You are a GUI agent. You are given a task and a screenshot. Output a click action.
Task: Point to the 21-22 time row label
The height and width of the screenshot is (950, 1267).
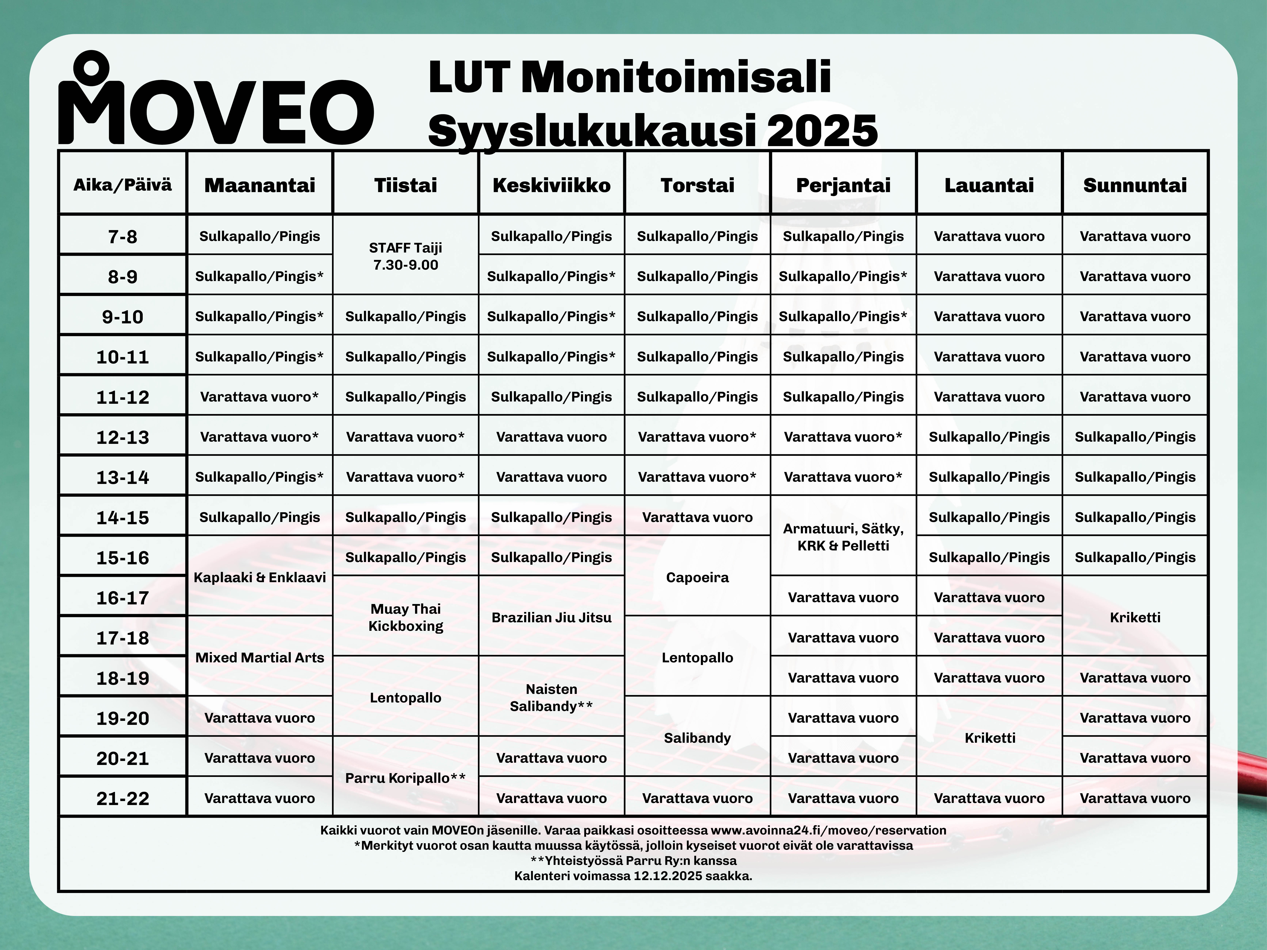(123, 798)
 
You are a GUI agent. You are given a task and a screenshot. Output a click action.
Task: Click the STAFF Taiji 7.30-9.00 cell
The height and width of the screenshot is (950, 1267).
(406, 256)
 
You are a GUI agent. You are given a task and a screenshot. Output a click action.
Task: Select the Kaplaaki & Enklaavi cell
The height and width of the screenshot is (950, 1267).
(259, 577)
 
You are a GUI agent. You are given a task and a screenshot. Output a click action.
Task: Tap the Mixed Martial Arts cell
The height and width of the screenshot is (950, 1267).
(259, 657)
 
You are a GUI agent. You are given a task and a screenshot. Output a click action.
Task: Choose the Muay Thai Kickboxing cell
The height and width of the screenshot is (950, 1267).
(406, 617)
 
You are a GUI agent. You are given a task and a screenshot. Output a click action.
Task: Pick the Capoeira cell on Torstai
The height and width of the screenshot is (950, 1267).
(697, 577)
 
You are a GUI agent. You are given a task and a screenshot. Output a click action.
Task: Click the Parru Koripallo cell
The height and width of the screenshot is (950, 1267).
(406, 778)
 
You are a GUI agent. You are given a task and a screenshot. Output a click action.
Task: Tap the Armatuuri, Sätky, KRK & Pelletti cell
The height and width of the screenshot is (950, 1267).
(843, 537)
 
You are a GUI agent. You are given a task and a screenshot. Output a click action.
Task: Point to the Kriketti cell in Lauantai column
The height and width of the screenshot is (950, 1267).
(989, 738)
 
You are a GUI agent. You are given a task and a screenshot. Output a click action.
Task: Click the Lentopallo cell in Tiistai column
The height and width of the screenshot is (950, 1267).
(406, 697)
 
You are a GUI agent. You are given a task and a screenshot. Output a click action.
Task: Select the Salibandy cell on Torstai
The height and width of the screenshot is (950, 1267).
(697, 738)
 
